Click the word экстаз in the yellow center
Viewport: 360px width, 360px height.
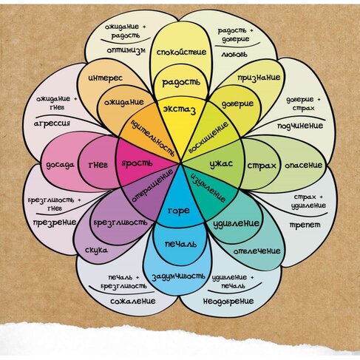(x=180, y=109)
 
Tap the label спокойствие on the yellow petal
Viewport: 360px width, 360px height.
(x=181, y=52)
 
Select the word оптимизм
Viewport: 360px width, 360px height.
(x=126, y=50)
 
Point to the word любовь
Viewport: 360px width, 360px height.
(x=234, y=54)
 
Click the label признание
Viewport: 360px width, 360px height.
(x=259, y=78)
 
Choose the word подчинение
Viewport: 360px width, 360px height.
(x=300, y=126)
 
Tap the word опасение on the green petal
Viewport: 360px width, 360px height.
(x=303, y=165)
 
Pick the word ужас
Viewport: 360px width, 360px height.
(x=221, y=164)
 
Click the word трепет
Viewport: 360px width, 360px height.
(x=305, y=225)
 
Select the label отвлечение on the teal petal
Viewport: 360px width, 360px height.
(x=257, y=251)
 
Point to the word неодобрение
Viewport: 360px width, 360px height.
(x=228, y=301)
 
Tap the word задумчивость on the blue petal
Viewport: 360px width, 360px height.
(x=178, y=276)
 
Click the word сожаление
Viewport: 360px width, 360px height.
(x=133, y=301)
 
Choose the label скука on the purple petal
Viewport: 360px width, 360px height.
(x=96, y=251)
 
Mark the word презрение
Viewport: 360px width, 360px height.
(x=55, y=223)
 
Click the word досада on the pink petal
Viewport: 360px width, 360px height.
(x=60, y=165)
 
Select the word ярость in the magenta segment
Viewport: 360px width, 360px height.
(x=137, y=163)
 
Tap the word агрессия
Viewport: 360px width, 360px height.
(x=52, y=123)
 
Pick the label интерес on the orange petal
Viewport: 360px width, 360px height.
(x=105, y=78)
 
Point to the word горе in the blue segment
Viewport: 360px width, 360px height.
(x=179, y=211)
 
